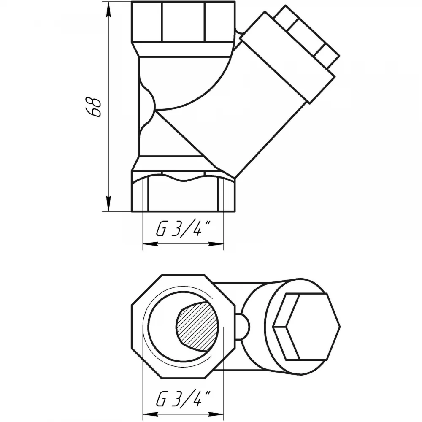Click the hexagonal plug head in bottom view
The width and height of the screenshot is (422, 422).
(306, 327)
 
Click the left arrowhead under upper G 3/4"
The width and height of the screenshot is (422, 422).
(150, 244)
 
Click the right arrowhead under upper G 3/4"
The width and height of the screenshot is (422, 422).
(216, 244)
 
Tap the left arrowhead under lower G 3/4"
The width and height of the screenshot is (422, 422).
(150, 414)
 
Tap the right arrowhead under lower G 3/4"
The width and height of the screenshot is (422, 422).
(216, 414)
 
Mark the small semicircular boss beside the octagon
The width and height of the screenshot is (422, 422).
(243, 327)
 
